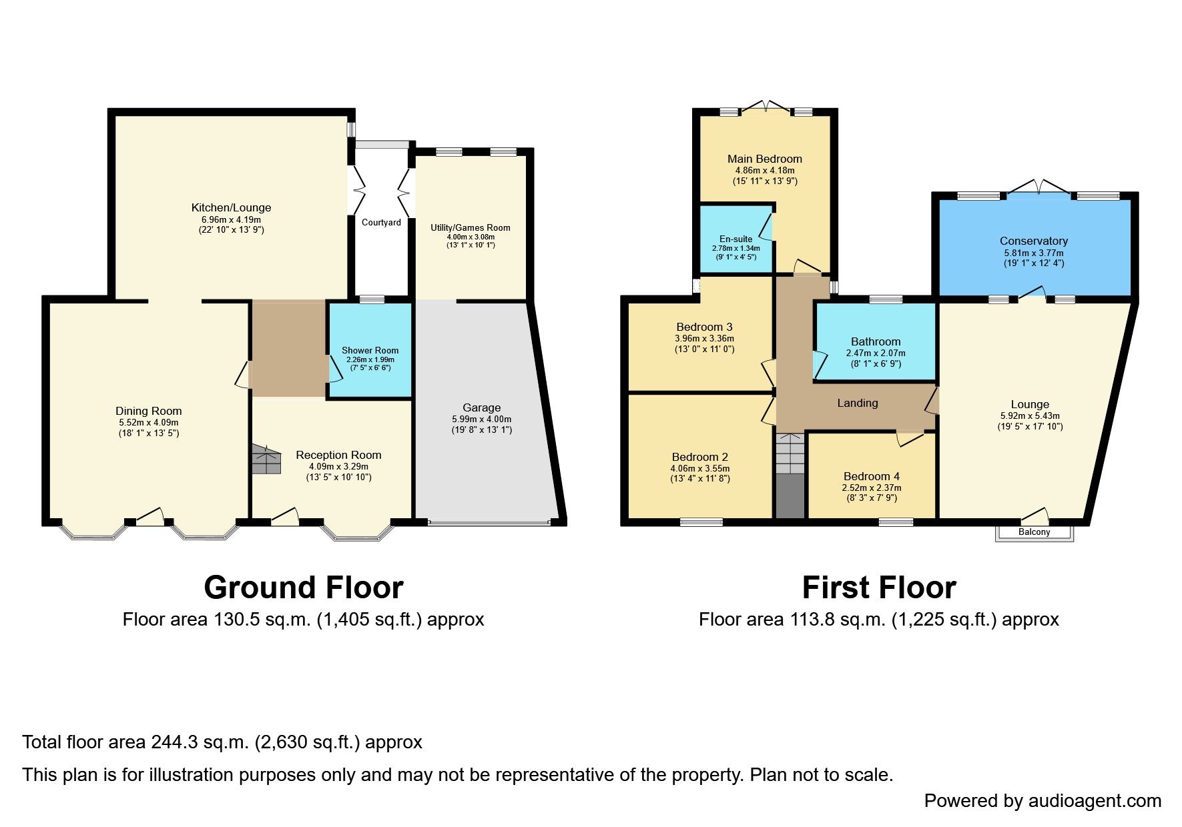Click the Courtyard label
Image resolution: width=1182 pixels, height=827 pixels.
381,222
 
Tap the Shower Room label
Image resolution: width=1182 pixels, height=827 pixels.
370,350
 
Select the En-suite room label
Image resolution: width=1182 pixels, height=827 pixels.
735,239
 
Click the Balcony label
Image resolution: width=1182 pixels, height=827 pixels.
1034,532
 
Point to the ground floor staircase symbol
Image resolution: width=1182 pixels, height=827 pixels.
266,460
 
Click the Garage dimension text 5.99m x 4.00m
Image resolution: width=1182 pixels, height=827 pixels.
481,419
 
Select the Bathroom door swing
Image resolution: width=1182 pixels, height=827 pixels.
820,363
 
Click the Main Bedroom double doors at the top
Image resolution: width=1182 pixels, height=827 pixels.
767,106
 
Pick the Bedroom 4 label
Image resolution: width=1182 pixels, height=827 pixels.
871,476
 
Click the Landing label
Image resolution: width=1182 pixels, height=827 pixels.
858,403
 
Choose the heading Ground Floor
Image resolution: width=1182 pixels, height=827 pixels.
303,588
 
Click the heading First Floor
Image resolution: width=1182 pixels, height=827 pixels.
878,588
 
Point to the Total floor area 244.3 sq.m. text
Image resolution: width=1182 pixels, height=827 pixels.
222,742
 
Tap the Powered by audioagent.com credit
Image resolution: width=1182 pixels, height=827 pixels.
1043,800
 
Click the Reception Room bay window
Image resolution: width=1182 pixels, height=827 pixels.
356,532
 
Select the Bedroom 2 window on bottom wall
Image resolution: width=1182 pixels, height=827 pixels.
701,522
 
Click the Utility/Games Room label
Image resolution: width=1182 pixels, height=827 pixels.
470,227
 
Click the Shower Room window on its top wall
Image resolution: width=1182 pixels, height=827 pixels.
372,299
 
